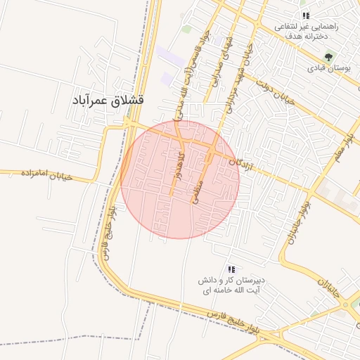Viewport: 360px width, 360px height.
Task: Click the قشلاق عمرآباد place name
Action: [x=108, y=101]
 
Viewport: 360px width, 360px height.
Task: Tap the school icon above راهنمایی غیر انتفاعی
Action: [x=306, y=15]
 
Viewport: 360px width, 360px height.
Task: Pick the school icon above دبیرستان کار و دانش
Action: [x=231, y=270]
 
